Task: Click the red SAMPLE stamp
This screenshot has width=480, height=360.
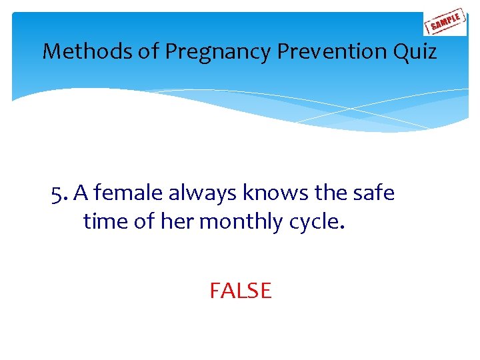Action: tap(445, 23)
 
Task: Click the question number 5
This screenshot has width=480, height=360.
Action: tap(59, 193)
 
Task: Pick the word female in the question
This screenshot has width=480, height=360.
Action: tap(130, 193)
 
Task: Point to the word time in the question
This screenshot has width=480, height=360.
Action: tap(106, 221)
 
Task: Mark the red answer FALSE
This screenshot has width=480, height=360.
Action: tap(240, 291)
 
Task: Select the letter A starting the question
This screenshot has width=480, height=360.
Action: tap(81, 193)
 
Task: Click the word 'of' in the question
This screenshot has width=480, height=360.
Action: tap(145, 221)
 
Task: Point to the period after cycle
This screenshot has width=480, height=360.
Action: tap(343, 227)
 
